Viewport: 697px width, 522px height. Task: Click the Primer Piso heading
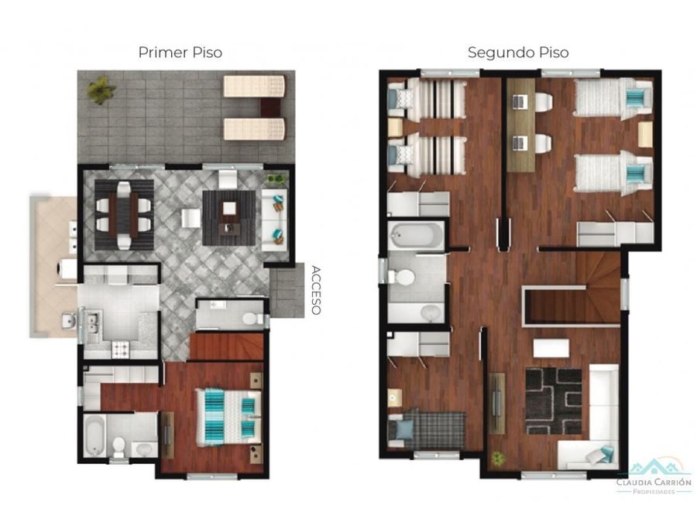[x=180, y=53]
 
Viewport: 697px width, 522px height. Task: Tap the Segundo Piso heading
[x=518, y=53]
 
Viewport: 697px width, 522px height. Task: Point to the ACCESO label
[x=316, y=290]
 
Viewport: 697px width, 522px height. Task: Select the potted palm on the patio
[x=101, y=90]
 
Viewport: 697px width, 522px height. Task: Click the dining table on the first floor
[x=125, y=215]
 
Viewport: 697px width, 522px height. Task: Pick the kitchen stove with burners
[x=121, y=350]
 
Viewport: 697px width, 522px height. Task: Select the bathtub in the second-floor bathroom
[x=416, y=235]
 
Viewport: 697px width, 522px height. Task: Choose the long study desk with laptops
[x=521, y=125]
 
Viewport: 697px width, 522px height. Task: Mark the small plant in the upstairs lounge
[x=496, y=458]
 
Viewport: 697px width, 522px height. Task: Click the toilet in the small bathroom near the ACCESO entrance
[x=249, y=318]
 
